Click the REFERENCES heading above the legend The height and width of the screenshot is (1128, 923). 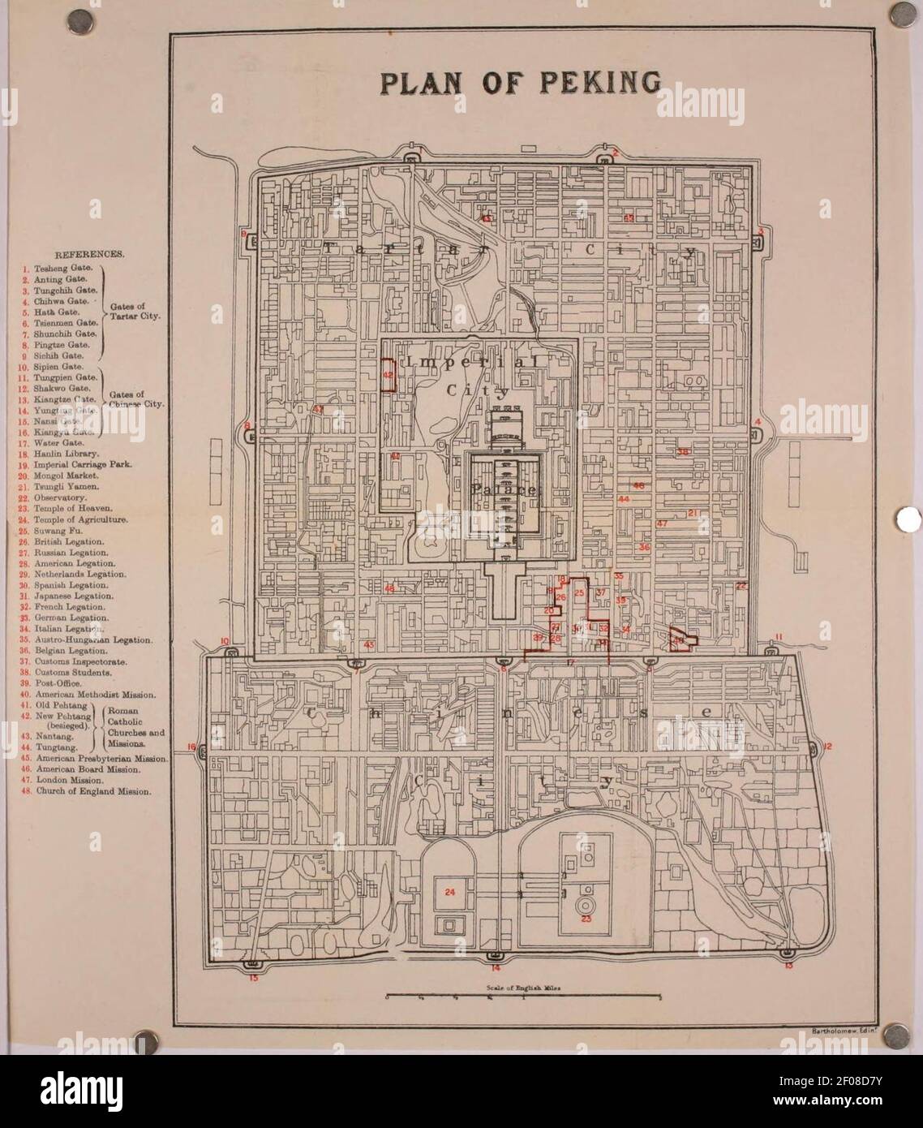click(89, 254)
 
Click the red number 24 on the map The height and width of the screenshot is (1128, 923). click(450, 891)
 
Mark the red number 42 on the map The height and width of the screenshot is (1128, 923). click(388, 375)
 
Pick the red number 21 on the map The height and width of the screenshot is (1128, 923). click(693, 513)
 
